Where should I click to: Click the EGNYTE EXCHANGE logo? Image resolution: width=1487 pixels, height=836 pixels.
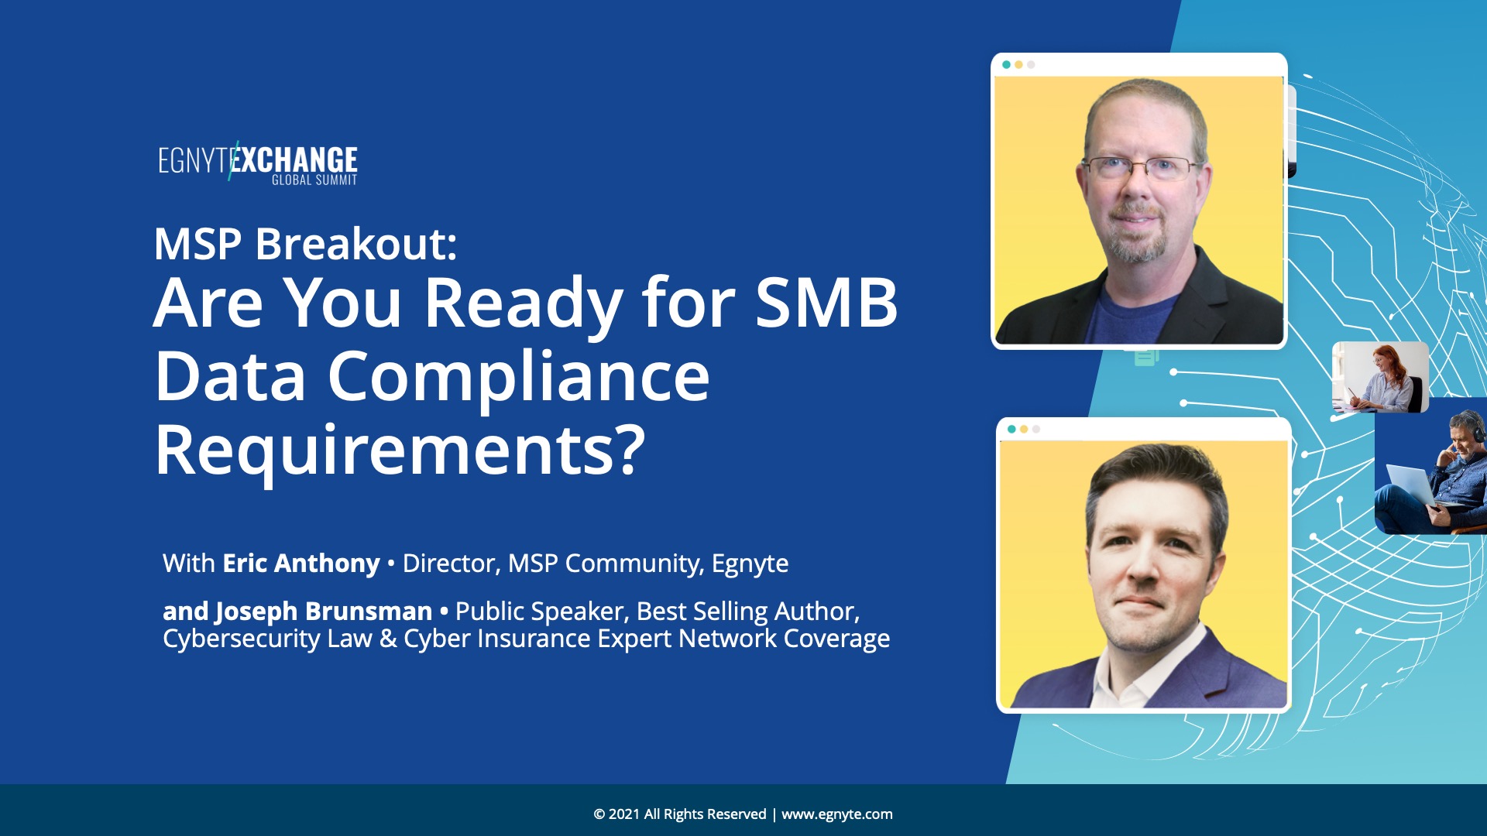(258, 163)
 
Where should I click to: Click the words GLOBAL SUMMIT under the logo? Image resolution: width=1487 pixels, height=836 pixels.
(314, 180)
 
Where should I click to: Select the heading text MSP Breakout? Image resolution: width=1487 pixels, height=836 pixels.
(305, 244)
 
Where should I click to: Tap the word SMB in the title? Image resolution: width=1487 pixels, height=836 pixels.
(826, 302)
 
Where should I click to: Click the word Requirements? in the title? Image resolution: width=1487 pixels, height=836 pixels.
(400, 451)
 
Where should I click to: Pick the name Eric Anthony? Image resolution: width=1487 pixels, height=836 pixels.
(301, 564)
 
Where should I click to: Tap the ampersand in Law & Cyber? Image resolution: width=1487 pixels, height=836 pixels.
(388, 639)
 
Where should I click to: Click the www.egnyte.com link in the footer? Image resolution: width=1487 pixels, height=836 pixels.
(836, 814)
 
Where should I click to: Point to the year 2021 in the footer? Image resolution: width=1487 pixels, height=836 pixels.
(624, 814)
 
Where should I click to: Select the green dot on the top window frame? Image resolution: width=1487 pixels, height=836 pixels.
(1006, 65)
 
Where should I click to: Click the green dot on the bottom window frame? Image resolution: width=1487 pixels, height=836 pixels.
(1011, 429)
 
